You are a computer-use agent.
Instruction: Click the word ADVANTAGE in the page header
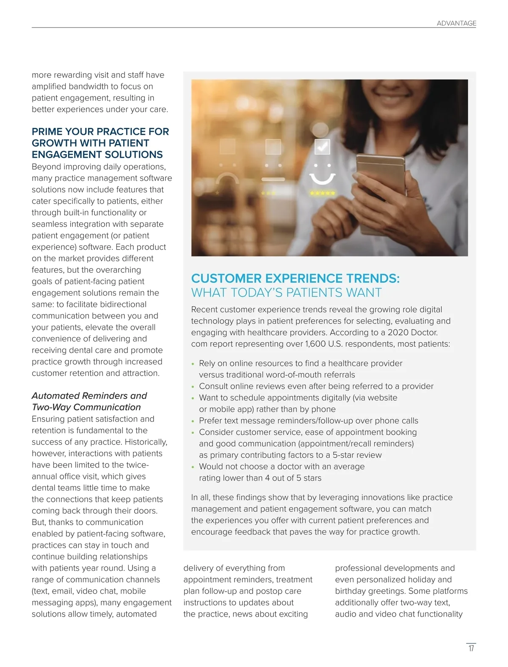(x=456, y=23)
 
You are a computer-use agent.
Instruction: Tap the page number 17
(x=471, y=648)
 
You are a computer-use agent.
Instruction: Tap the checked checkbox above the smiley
(x=322, y=147)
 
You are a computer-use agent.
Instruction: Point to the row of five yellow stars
(x=323, y=193)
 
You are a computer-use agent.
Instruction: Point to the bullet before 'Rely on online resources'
(x=193, y=364)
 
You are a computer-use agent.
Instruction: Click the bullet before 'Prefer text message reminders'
(x=193, y=421)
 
